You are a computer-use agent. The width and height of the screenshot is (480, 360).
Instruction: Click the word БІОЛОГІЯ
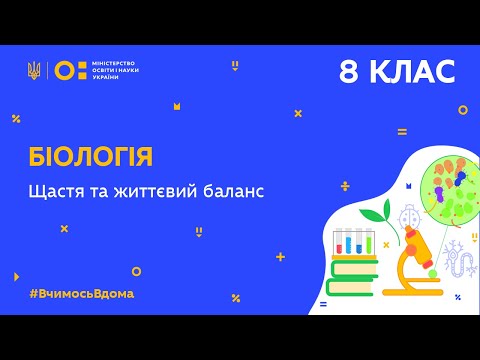90,156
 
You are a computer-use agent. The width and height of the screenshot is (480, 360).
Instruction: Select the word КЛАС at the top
413,72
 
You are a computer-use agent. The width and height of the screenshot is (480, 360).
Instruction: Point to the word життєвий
148,191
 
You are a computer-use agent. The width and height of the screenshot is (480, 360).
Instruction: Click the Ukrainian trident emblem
34,70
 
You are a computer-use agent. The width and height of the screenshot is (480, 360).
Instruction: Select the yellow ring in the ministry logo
63,70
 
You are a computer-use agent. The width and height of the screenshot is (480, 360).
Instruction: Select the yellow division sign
372,186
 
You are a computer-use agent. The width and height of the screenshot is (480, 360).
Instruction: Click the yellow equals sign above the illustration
402,131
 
